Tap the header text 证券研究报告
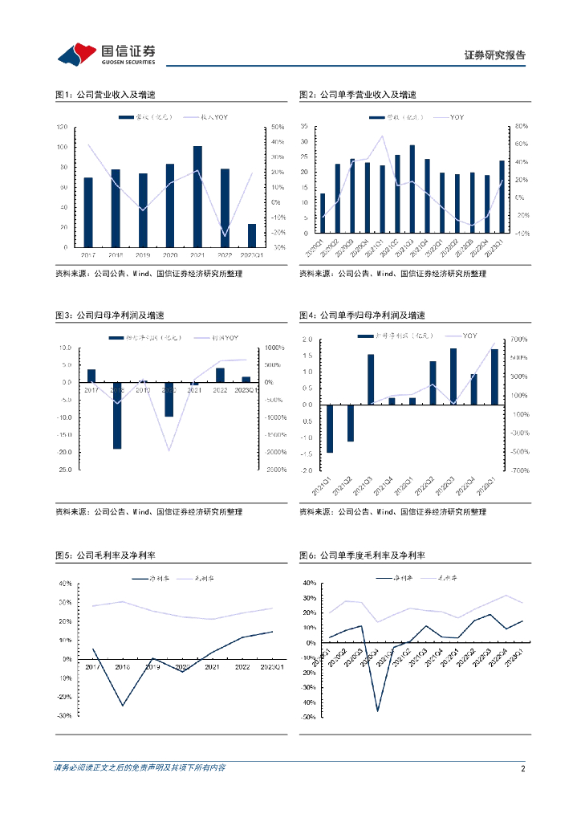coord(495,55)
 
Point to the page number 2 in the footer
coord(522,768)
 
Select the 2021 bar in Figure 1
coord(197,197)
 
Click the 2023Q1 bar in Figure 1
coord(252,235)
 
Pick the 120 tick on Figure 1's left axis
coord(63,128)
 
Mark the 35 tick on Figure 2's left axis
coord(304,127)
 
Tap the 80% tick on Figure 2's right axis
coord(520,127)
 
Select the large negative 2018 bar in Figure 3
coord(117,415)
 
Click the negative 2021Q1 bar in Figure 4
coord(329,429)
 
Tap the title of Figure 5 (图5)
coord(105,555)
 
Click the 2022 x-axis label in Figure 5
coord(242,666)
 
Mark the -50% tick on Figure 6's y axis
coord(306,718)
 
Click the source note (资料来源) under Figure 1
coord(148,274)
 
